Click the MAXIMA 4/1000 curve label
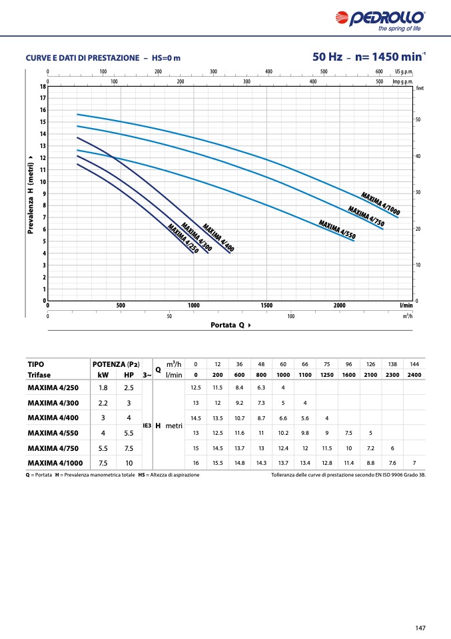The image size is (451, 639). (380, 203)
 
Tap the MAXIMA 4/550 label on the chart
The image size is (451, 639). (337, 228)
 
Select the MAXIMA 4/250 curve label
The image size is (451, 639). (183, 239)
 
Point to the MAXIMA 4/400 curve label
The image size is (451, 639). (218, 237)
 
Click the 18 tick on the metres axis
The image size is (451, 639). (43, 87)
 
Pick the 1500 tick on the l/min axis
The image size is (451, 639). (266, 305)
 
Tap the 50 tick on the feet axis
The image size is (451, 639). (418, 119)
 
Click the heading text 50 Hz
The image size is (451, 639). (327, 57)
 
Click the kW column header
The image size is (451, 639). (103, 375)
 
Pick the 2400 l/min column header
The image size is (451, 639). (414, 375)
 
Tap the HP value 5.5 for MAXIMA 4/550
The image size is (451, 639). (129, 433)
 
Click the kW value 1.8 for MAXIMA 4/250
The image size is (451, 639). (103, 388)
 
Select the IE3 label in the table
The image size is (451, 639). (147, 425)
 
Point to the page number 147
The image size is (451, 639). (420, 627)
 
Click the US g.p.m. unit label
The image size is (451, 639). (404, 71)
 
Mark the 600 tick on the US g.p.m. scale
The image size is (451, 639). (378, 71)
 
